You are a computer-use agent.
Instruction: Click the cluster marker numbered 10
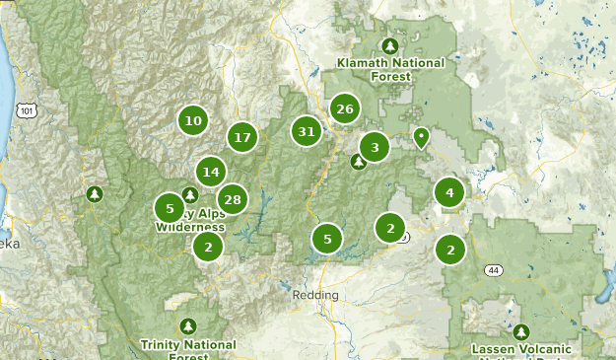[192, 121]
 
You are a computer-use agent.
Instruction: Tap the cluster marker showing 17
[242, 137]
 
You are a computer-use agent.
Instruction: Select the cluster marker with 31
[307, 131]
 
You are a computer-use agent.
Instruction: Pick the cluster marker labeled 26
[344, 108]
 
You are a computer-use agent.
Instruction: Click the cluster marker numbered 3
[375, 148]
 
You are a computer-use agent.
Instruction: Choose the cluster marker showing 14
[210, 172]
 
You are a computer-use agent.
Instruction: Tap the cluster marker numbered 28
[232, 200]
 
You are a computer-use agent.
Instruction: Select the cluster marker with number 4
[449, 192]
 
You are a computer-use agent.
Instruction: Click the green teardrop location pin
[421, 137]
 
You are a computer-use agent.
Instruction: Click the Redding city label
[315, 295]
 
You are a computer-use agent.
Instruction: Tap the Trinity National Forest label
[188, 350]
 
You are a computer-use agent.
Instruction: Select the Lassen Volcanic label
[521, 350]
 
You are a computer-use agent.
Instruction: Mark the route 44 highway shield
[493, 269]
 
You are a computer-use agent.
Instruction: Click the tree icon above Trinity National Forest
[188, 325]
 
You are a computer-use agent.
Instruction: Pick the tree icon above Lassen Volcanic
[521, 331]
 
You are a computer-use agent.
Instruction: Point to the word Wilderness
[191, 227]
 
